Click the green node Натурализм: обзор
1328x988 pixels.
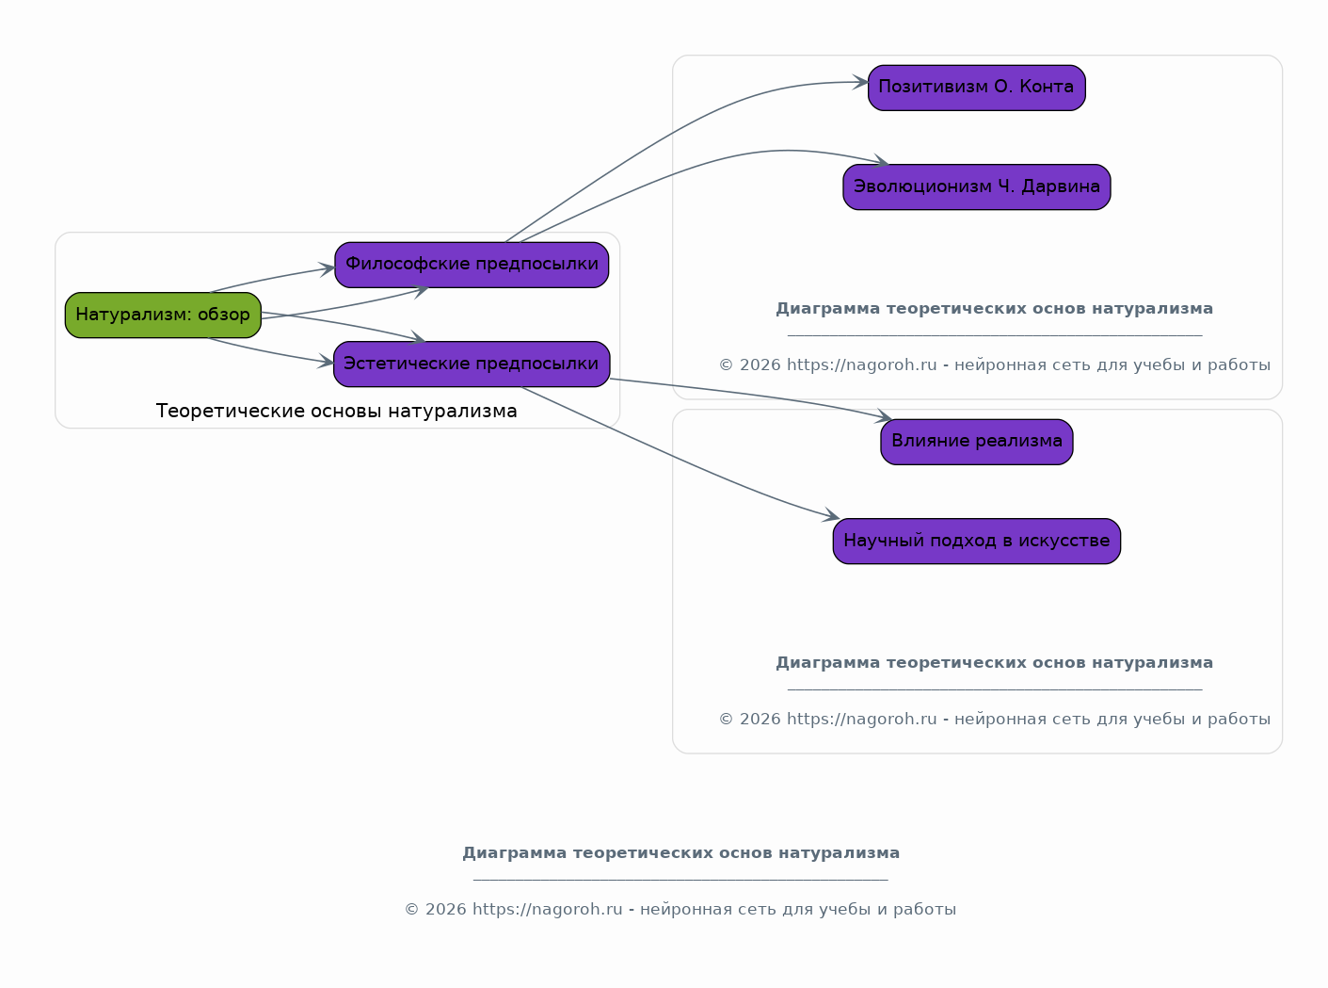[x=163, y=316]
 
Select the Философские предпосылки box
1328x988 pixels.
[x=472, y=265]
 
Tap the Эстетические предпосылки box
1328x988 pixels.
[x=472, y=364]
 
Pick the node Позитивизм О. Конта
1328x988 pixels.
[x=977, y=89]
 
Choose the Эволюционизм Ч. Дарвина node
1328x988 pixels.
[x=977, y=186]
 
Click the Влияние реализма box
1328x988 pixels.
[x=977, y=442]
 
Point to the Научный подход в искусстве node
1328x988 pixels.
[x=977, y=541]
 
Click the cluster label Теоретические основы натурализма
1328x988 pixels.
[x=337, y=411]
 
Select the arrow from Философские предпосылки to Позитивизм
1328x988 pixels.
[x=677, y=131]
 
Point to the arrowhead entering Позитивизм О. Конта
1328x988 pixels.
[x=861, y=82]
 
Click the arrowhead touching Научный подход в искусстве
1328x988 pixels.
[x=832, y=515]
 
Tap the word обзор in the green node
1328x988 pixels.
[x=223, y=314]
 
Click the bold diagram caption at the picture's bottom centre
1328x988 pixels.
[x=680, y=852]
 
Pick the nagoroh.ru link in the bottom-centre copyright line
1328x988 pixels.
[x=547, y=910]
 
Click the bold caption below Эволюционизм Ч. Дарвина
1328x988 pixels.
[x=994, y=309]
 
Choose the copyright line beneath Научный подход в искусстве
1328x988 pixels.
[x=994, y=719]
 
